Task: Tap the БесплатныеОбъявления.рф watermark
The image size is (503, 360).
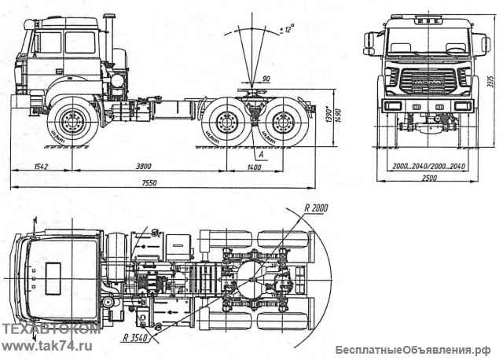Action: coord(414,349)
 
